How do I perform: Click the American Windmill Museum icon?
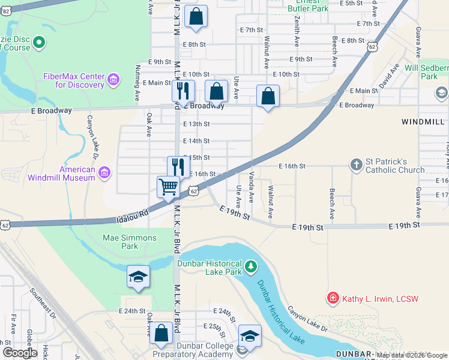click(x=104, y=173)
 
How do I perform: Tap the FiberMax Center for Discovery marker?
click(x=113, y=80)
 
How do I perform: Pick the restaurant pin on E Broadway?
click(x=183, y=91)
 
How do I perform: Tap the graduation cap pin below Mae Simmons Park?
click(x=138, y=277)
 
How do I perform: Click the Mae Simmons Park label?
click(x=130, y=242)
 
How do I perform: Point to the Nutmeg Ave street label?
click(x=137, y=82)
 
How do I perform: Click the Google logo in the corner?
click(x=20, y=353)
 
